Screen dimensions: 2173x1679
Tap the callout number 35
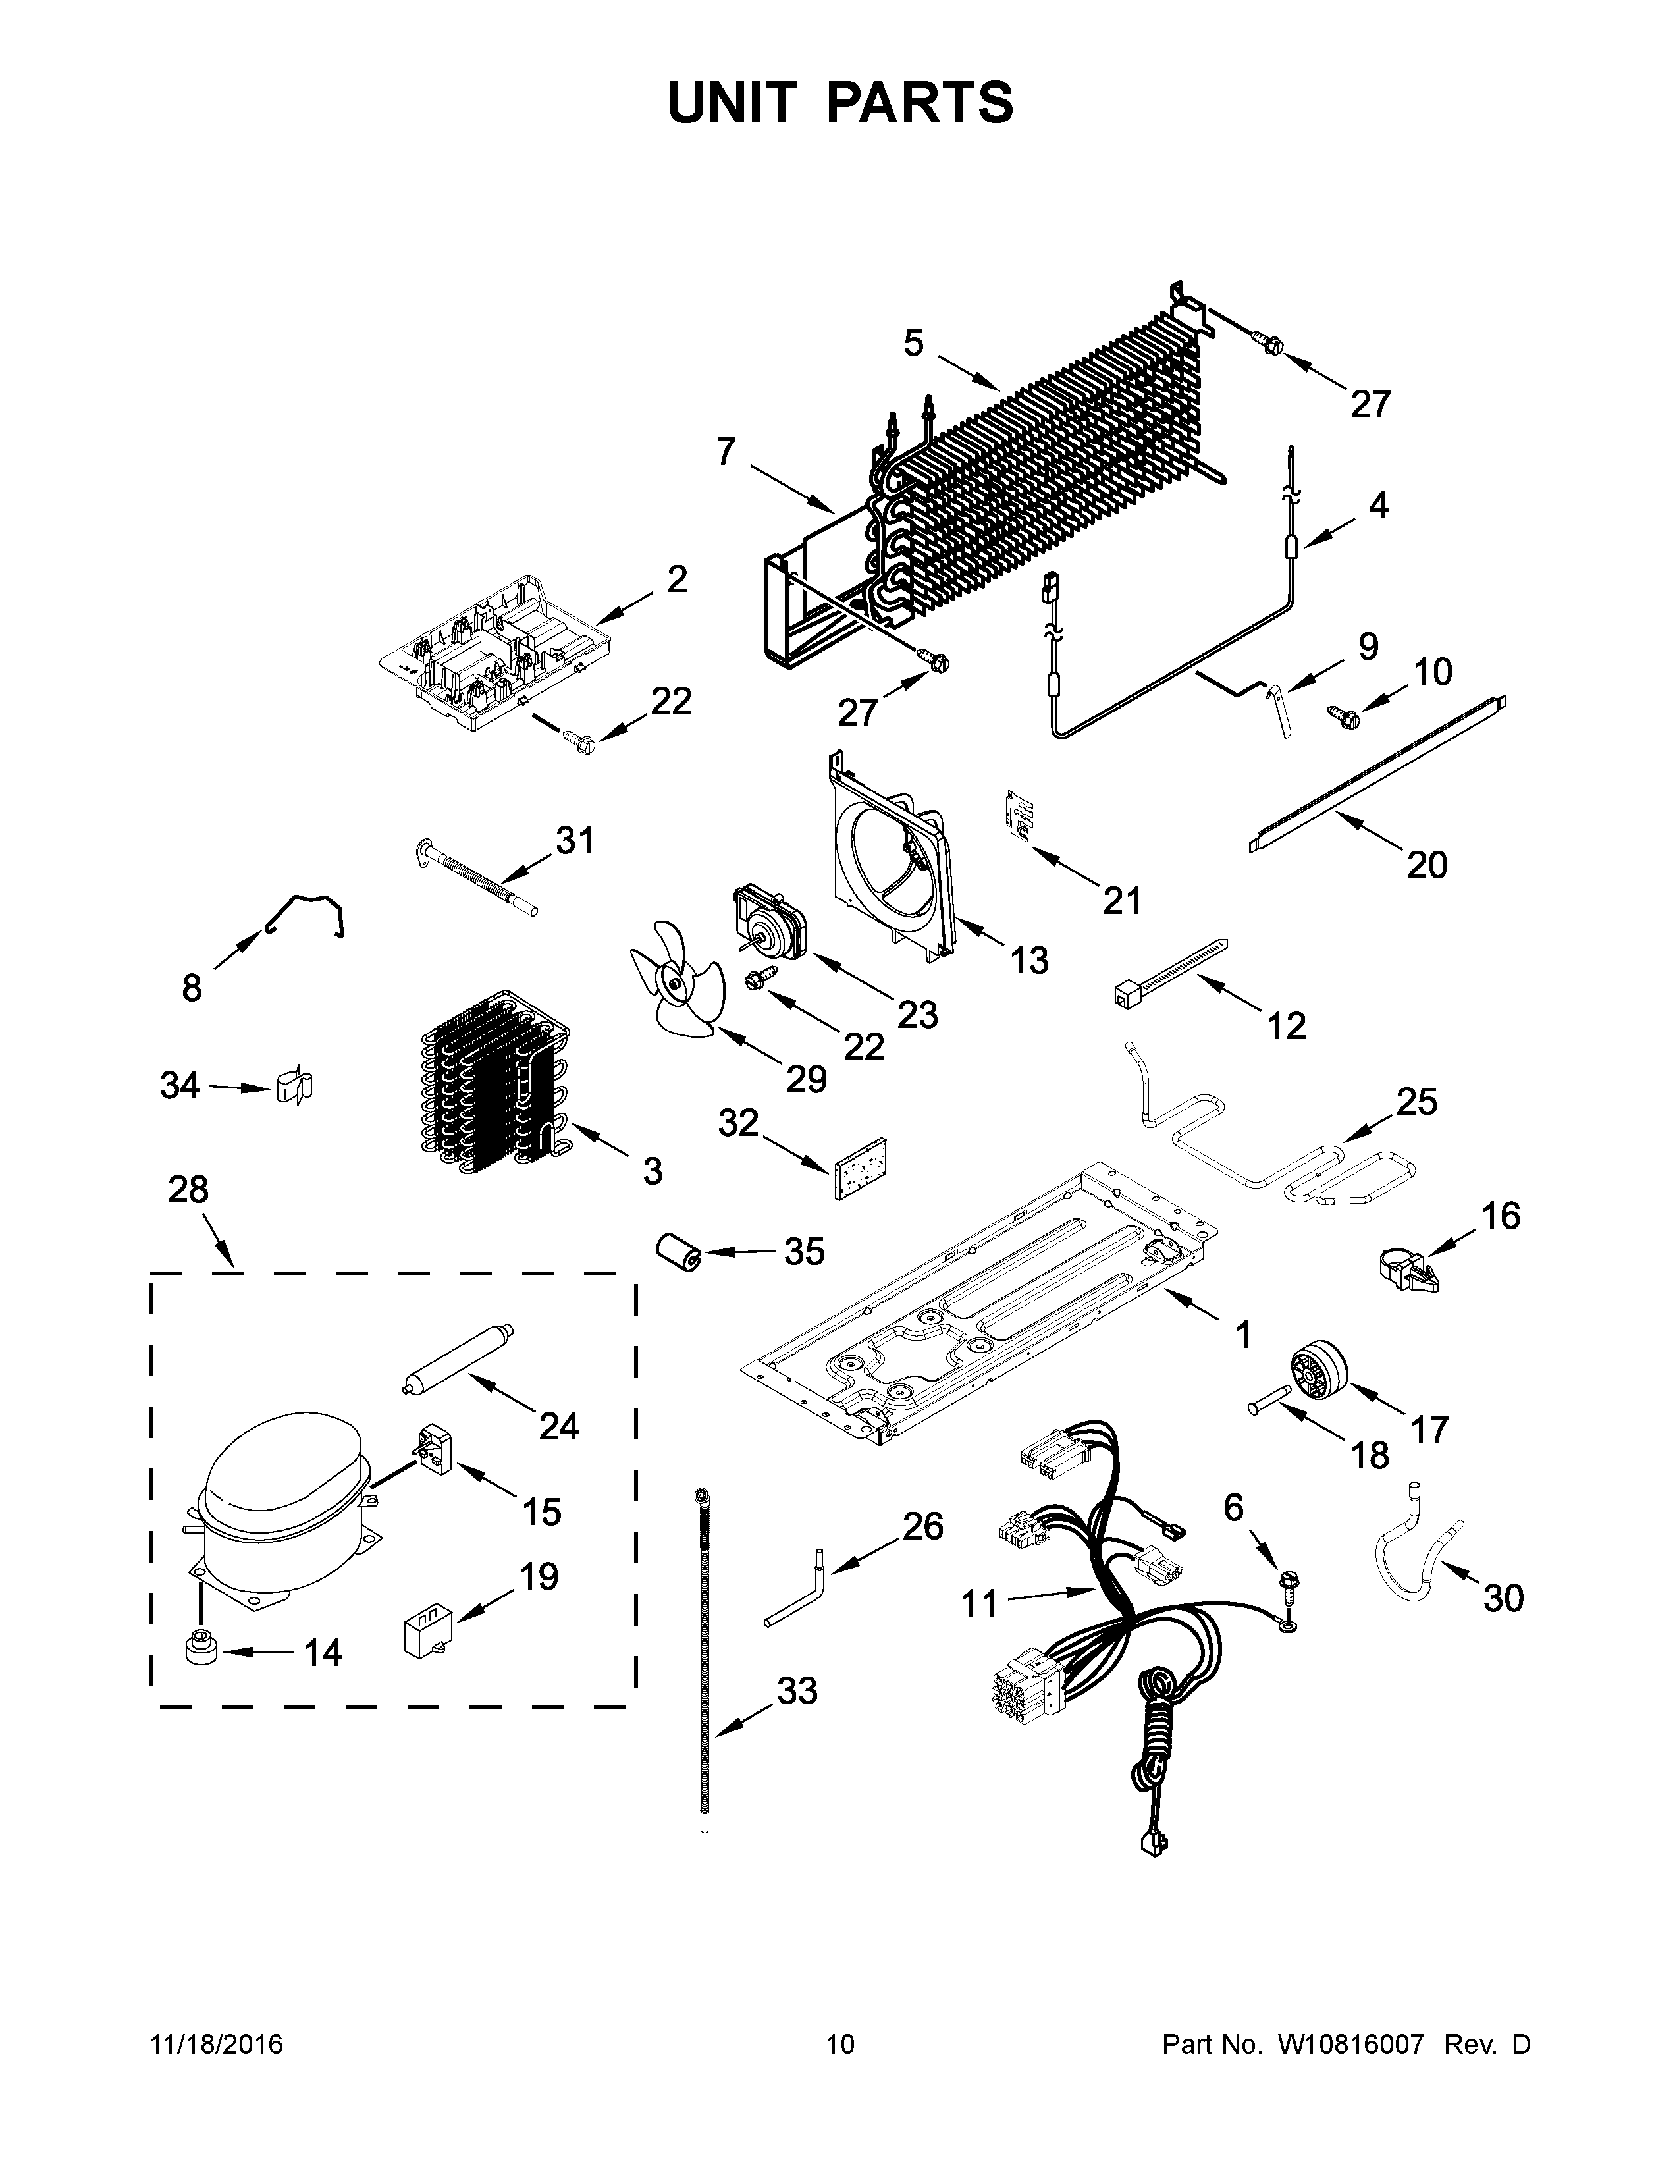pos(804,1252)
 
